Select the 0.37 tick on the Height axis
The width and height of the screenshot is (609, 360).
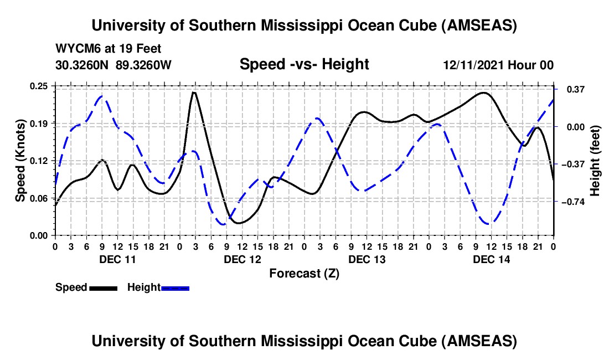(570, 89)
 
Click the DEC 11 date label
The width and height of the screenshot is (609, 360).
(117, 259)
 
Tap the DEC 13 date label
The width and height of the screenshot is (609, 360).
(367, 259)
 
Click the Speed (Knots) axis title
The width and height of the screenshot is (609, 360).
(20, 160)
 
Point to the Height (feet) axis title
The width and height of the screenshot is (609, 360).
(595, 160)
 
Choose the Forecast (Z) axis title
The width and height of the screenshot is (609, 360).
(304, 273)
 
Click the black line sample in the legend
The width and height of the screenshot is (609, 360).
(103, 287)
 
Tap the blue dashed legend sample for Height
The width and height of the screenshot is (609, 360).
(175, 287)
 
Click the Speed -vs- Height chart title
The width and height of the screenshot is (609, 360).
(304, 64)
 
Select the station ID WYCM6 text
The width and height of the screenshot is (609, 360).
(75, 49)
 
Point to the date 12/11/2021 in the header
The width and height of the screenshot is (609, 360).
(474, 65)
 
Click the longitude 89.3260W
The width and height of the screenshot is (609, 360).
(144, 65)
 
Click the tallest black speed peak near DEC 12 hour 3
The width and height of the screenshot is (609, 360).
(194, 92)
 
